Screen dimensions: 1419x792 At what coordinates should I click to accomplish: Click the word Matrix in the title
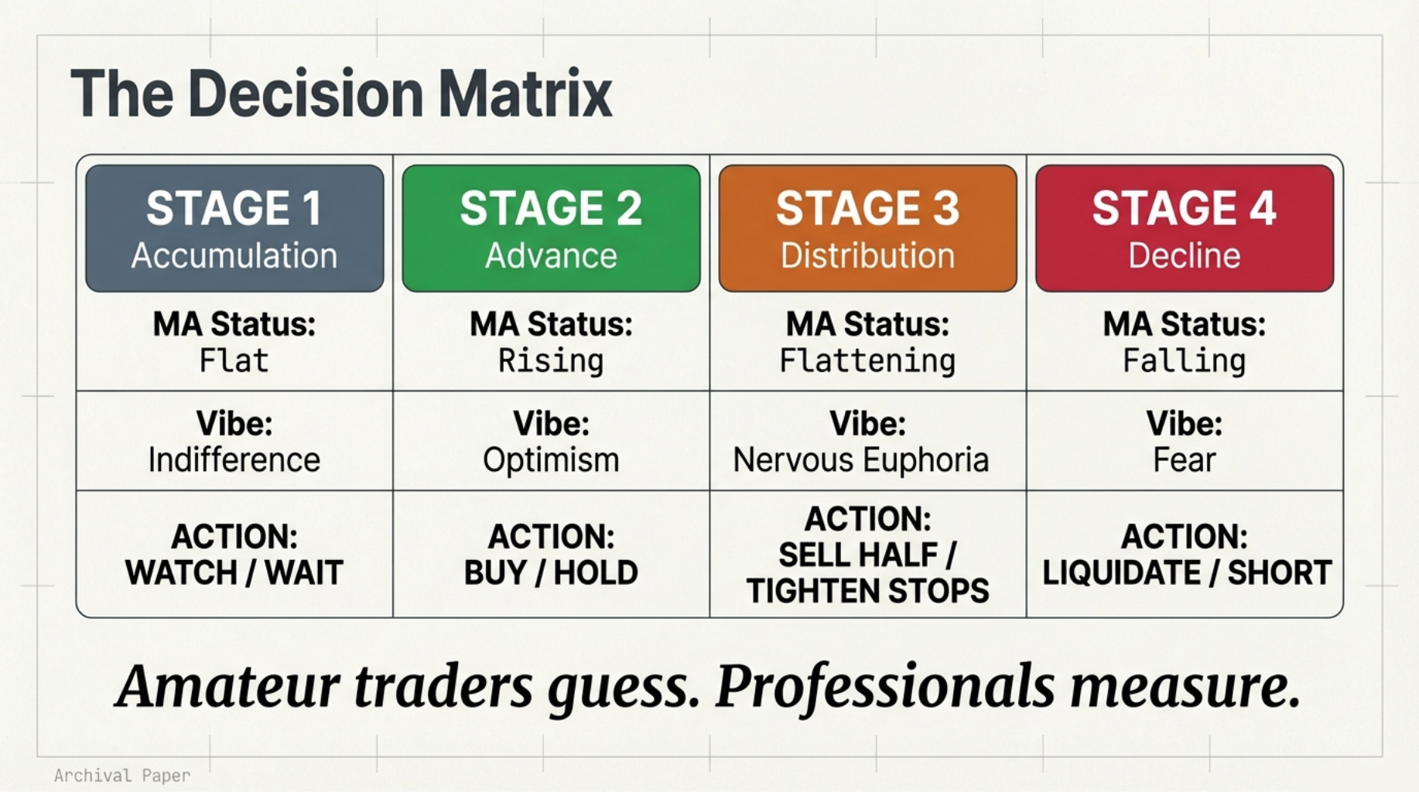(x=525, y=94)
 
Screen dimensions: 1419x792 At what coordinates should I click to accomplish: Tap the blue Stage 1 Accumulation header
(x=234, y=228)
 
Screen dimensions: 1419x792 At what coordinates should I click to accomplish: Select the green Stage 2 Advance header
(x=551, y=228)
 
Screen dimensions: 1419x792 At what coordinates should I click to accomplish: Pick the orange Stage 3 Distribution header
(x=867, y=228)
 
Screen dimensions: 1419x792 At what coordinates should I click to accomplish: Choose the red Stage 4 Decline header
(x=1184, y=228)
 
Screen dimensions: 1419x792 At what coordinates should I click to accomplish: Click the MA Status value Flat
(x=234, y=361)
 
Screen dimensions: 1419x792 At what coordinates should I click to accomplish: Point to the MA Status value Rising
(x=551, y=361)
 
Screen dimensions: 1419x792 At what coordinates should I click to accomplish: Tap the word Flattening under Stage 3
(x=867, y=361)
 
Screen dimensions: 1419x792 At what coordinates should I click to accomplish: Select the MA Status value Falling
(x=1184, y=361)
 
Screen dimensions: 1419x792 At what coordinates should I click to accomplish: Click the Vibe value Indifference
(x=234, y=460)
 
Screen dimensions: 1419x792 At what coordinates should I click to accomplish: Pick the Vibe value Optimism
(x=551, y=460)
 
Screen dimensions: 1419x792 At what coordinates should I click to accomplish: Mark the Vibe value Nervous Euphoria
(x=860, y=460)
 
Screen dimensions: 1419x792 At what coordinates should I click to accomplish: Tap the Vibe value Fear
(x=1184, y=460)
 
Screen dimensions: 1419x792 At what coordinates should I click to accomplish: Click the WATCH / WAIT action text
(x=234, y=573)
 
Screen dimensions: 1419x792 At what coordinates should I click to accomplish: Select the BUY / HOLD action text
(x=551, y=573)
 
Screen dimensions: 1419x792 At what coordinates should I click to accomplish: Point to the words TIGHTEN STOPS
(x=867, y=592)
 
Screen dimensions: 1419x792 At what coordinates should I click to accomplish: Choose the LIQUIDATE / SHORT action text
(x=1187, y=573)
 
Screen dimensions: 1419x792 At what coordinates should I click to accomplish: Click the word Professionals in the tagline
(x=885, y=688)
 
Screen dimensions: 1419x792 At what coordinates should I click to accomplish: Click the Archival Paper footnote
(x=122, y=776)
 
